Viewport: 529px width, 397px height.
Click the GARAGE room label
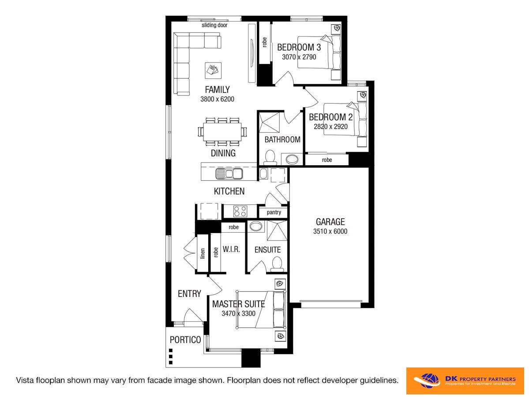pos(330,222)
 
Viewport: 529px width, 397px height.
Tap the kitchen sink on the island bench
pos(229,174)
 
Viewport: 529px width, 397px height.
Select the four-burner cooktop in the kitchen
pos(240,211)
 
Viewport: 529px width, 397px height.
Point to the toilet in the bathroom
pos(270,157)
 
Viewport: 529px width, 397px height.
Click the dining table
pos(222,132)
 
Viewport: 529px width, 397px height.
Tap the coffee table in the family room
pos(213,70)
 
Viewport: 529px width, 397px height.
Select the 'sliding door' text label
pos(214,25)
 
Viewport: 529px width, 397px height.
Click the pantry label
pos(274,212)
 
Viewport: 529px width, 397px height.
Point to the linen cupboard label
pos(203,253)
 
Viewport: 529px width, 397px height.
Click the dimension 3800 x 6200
pos(217,99)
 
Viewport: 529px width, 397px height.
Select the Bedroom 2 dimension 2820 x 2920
pos(330,127)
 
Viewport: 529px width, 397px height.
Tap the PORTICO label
pos(185,340)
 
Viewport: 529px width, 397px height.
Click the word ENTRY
pos(189,294)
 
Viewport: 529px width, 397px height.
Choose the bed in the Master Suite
pos(261,309)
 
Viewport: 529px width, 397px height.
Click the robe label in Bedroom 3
pos(265,42)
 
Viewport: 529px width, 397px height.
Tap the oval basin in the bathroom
pos(292,159)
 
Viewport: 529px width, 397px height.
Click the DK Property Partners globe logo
pos(428,381)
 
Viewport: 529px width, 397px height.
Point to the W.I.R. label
pos(232,250)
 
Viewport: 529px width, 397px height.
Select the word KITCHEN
pos(229,191)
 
